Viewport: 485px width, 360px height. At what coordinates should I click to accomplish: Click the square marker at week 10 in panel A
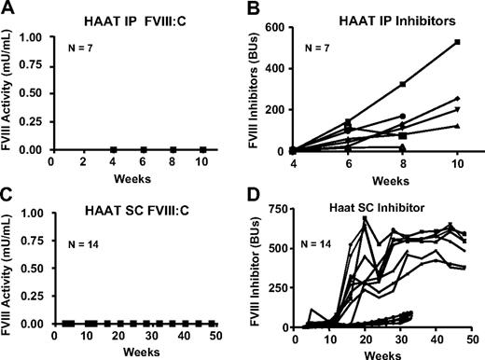tap(202, 149)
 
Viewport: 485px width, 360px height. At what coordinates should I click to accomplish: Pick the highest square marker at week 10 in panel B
tap(456, 42)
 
